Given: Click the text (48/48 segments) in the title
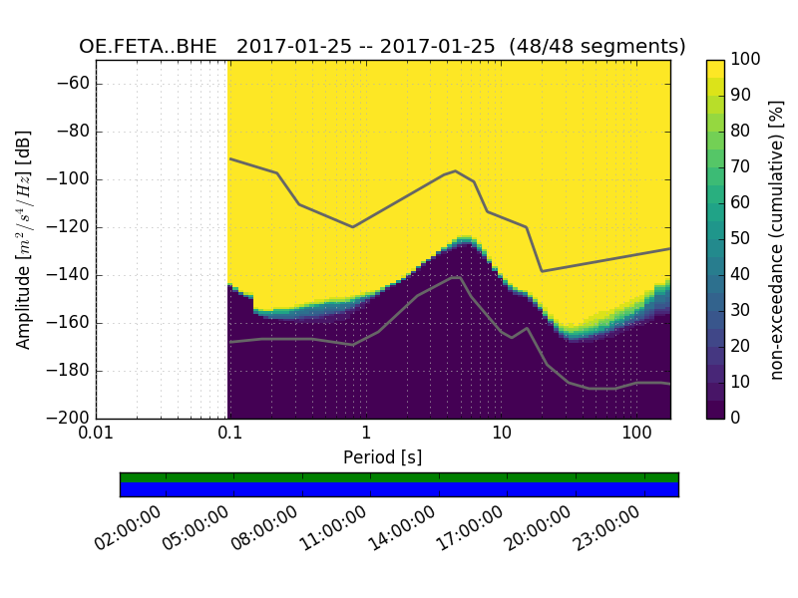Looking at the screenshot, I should click(597, 47).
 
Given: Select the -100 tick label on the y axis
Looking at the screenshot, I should click(69, 179).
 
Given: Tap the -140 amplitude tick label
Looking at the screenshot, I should click(69, 275).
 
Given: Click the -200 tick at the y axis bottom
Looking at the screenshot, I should click(69, 418).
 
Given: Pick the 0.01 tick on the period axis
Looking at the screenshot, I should click(96, 434).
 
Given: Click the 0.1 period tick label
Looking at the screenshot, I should click(230, 434).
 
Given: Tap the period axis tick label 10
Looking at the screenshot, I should click(502, 434).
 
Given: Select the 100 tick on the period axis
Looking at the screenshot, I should click(636, 434).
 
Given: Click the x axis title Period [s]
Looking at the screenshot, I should click(382, 457).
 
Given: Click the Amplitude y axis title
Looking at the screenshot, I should click(24, 239).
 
